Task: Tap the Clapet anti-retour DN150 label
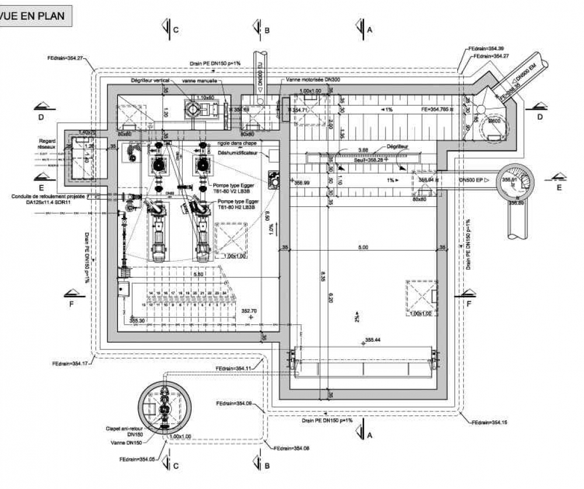[124, 431]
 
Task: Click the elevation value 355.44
[373, 339]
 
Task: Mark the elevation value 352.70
[249, 311]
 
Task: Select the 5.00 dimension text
[363, 248]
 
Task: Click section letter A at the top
[369, 30]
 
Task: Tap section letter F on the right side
[468, 304]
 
